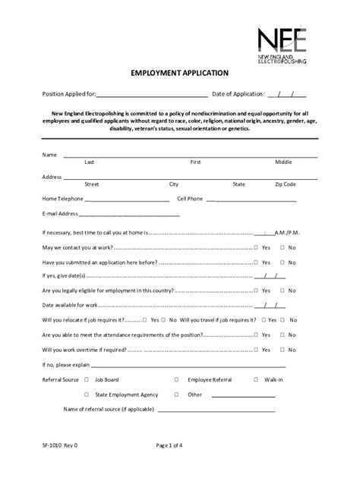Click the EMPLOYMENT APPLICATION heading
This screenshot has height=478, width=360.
tap(179, 73)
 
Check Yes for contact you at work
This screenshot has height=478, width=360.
tap(256, 248)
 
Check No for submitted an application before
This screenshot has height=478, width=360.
tap(283, 262)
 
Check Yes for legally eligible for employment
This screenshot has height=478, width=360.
tap(256, 290)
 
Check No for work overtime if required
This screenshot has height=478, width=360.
tap(283, 350)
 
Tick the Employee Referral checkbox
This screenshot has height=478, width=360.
tap(176, 379)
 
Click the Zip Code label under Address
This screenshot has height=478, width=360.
tap(285, 184)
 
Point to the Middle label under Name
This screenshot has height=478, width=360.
tap(283, 162)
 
